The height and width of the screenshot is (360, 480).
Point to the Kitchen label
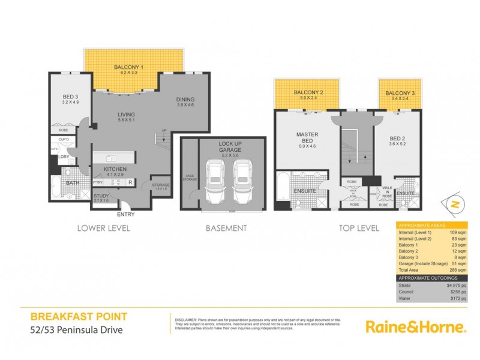click(x=115, y=170)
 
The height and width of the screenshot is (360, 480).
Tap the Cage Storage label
click(x=189, y=176)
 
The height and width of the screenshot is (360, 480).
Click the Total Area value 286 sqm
click(x=458, y=271)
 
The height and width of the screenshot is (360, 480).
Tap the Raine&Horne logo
click(x=416, y=326)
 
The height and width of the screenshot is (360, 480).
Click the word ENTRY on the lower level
click(x=127, y=214)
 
